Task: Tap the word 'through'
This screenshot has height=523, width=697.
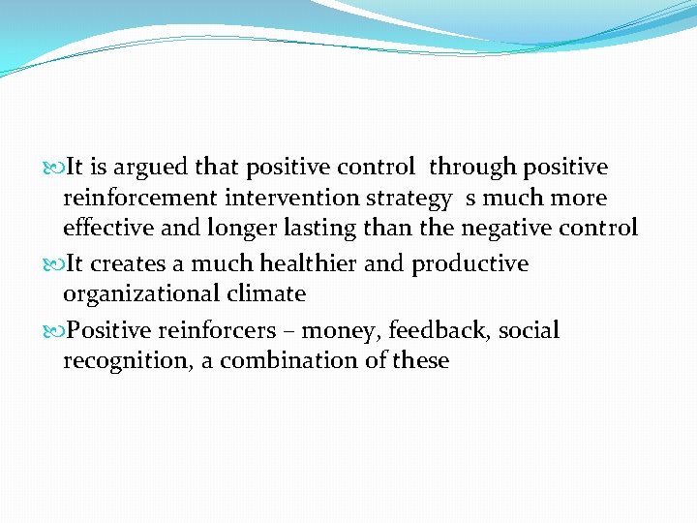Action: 473,168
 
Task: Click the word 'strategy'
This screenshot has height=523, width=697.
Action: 406,200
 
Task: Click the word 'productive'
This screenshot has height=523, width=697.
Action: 470,264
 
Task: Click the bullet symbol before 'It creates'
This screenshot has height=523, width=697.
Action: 52,264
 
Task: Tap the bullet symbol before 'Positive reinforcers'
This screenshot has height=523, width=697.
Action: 52,331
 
